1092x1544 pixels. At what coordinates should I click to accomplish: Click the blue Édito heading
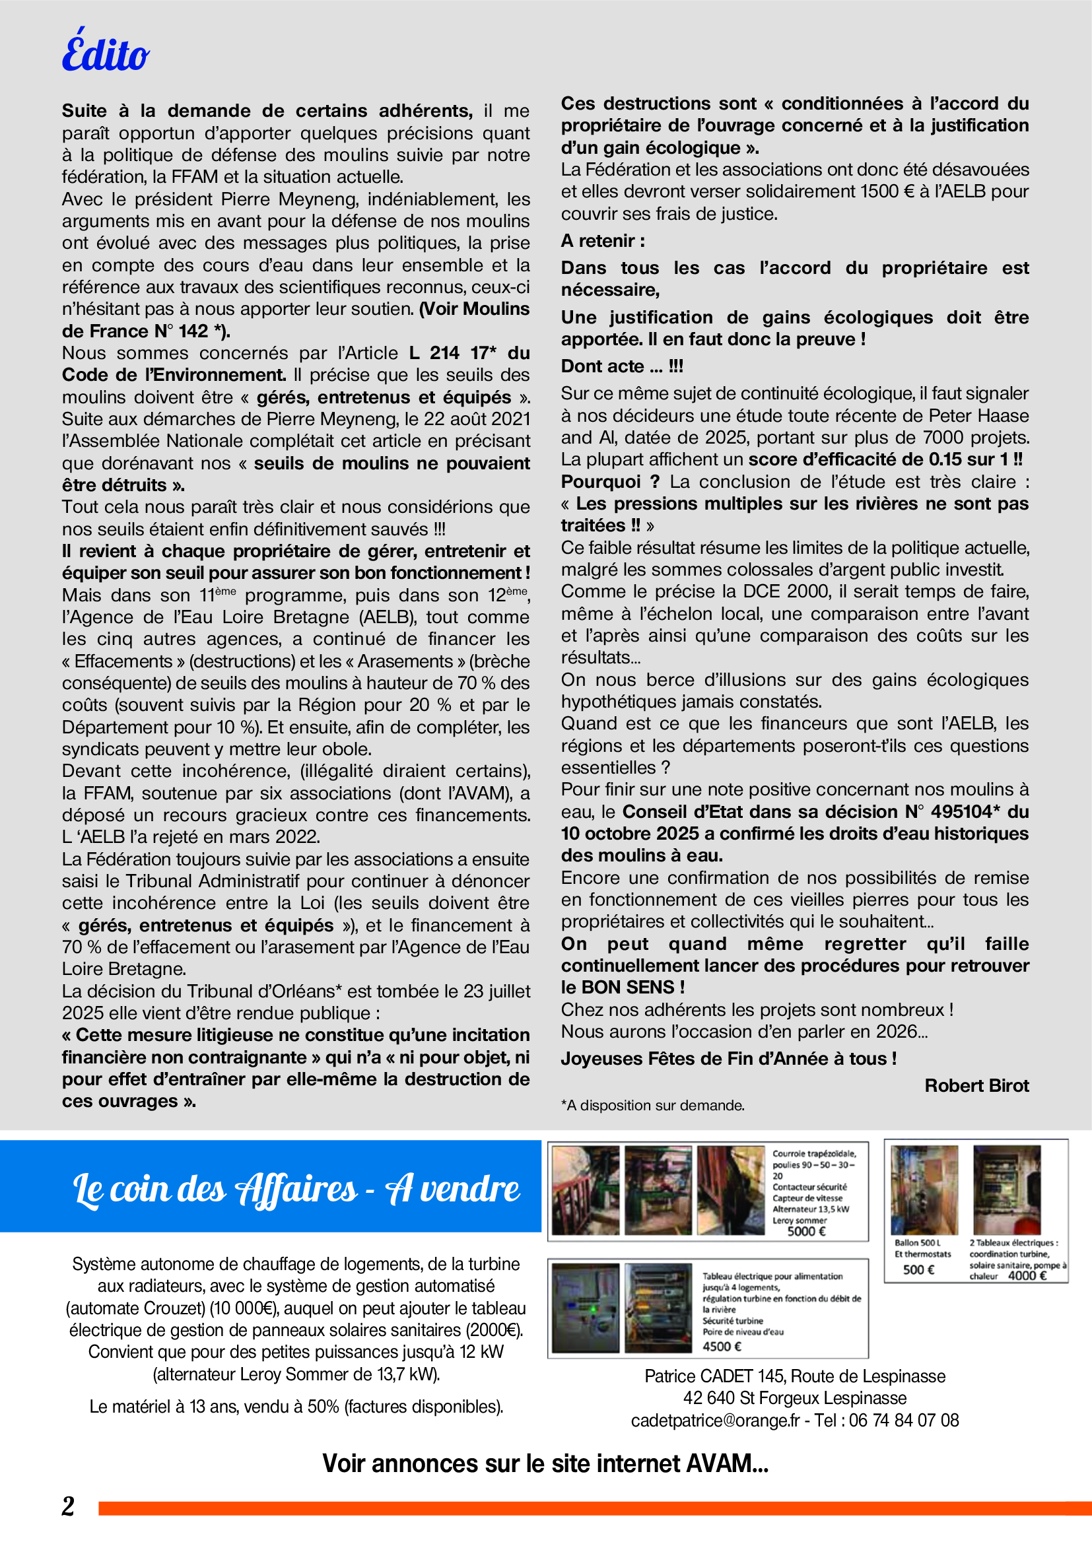click(106, 52)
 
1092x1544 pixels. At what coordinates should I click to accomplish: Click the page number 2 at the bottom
click(68, 1506)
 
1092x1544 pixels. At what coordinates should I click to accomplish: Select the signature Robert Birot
click(976, 1085)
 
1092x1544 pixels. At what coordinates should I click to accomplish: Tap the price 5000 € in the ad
click(806, 1231)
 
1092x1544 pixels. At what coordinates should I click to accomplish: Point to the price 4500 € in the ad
click(722, 1346)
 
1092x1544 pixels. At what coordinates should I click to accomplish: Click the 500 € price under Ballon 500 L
click(918, 1269)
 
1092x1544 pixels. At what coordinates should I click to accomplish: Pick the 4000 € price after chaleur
click(1027, 1276)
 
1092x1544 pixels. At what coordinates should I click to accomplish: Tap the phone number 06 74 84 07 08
click(904, 1421)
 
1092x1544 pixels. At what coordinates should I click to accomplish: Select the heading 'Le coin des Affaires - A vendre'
click(296, 1188)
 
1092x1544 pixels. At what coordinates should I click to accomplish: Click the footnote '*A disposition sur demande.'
click(652, 1106)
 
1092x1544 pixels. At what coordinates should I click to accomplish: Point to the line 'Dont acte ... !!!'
click(622, 366)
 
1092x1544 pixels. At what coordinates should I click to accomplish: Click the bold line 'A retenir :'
click(603, 241)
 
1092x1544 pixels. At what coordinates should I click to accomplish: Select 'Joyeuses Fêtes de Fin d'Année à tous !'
click(729, 1058)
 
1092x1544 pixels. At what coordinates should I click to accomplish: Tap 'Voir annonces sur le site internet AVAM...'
click(545, 1463)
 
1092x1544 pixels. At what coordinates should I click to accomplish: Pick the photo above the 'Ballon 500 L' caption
click(924, 1190)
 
